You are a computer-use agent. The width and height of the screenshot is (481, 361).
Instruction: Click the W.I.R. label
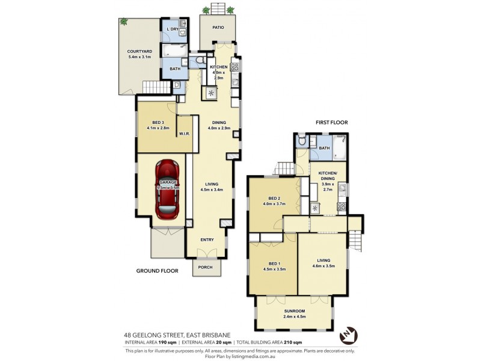(x=184, y=134)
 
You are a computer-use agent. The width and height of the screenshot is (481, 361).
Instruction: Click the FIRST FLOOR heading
(x=331, y=122)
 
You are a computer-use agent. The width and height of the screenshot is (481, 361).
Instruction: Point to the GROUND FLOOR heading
(x=156, y=271)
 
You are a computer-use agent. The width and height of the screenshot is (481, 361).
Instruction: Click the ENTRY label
(x=206, y=240)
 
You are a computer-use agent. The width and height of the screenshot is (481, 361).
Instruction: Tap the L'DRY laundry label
(x=173, y=29)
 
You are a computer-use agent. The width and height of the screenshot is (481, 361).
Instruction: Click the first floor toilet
(x=302, y=141)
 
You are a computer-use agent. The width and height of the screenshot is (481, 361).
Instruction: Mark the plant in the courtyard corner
(x=124, y=22)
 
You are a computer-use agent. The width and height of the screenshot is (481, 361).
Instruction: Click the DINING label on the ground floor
(x=218, y=123)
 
